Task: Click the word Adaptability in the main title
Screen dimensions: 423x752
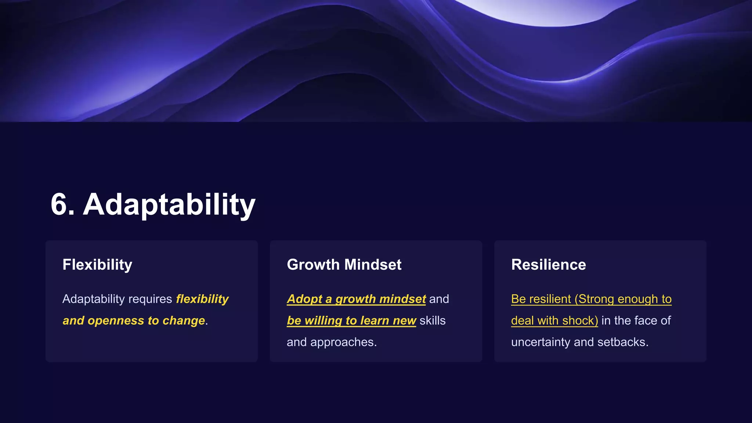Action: pos(169,205)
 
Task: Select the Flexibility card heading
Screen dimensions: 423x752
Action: pos(97,265)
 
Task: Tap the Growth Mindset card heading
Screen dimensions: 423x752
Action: pos(344,265)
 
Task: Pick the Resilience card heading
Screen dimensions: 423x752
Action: pos(549,265)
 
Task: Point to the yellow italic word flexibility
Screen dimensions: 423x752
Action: pos(202,299)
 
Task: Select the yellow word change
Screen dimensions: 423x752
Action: pos(184,321)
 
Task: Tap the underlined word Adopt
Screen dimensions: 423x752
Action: pos(304,299)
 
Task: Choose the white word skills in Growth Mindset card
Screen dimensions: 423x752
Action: pos(433,321)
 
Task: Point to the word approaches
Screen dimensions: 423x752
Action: pos(343,342)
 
